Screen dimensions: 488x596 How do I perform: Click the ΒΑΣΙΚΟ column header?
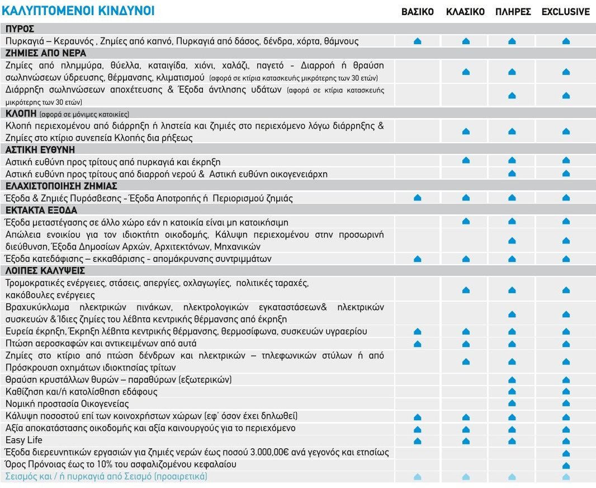(x=417, y=12)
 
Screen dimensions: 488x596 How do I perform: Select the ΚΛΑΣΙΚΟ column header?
(x=465, y=12)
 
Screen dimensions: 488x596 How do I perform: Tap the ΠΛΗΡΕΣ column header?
(x=513, y=12)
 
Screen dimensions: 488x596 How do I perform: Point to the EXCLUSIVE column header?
(x=565, y=12)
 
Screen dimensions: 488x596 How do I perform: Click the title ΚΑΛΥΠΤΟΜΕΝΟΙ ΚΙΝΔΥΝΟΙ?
(x=79, y=11)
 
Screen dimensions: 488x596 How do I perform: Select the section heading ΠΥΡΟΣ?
(x=20, y=29)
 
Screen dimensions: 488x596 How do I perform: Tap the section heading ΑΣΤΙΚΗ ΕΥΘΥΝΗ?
(x=40, y=150)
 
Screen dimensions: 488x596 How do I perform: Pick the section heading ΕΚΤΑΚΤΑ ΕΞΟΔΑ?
(x=41, y=210)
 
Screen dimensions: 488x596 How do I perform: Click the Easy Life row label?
(x=23, y=440)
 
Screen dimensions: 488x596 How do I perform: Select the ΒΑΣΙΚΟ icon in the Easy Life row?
(x=417, y=441)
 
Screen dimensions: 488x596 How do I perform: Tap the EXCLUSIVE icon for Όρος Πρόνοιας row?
(x=566, y=466)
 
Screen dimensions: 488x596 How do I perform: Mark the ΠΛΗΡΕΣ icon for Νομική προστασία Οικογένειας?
(x=512, y=404)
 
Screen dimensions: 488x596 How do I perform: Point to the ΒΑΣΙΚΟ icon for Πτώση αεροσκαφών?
(x=417, y=344)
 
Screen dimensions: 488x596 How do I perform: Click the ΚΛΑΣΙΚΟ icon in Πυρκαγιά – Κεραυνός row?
(x=466, y=41)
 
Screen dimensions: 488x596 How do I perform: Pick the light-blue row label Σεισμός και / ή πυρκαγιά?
(x=106, y=477)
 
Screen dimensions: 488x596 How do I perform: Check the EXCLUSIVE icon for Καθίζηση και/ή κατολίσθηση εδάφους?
(x=566, y=392)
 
